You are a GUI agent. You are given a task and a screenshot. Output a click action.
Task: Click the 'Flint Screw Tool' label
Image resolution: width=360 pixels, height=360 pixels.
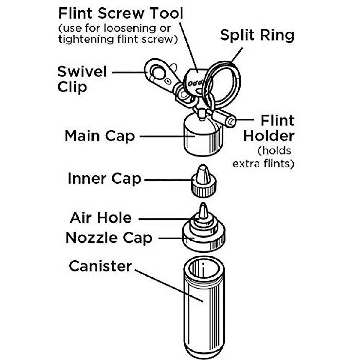tap(121, 13)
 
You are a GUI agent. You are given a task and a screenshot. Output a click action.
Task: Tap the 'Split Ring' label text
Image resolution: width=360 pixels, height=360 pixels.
tap(257, 35)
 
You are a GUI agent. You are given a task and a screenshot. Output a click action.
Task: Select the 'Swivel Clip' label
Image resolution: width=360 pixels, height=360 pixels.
tap(82, 79)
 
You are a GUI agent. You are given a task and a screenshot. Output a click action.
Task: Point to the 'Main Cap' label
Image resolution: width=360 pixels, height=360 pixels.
tap(100, 136)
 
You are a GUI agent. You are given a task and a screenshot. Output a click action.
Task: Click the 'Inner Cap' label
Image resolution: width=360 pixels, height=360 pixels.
tap(105, 178)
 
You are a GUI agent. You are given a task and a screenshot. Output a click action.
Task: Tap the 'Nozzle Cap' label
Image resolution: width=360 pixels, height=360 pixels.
tap(109, 238)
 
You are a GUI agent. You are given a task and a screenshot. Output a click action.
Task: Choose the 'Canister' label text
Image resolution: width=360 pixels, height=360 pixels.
tap(100, 266)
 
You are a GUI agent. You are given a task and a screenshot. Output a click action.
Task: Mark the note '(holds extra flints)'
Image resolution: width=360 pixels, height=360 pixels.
tap(263, 157)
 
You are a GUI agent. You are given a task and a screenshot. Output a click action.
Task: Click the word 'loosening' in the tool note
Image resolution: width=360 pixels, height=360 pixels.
tap(130, 28)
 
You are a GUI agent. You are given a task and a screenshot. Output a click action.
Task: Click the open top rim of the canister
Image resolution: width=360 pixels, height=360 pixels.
tap(204, 268)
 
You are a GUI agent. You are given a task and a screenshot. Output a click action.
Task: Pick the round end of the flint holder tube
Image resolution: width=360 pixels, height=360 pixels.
tap(231, 122)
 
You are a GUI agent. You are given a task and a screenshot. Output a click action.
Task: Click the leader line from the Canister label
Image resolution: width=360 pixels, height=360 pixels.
tap(169, 286)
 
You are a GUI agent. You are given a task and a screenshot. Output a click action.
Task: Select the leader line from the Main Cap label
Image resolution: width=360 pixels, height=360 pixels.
tap(168, 136)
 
